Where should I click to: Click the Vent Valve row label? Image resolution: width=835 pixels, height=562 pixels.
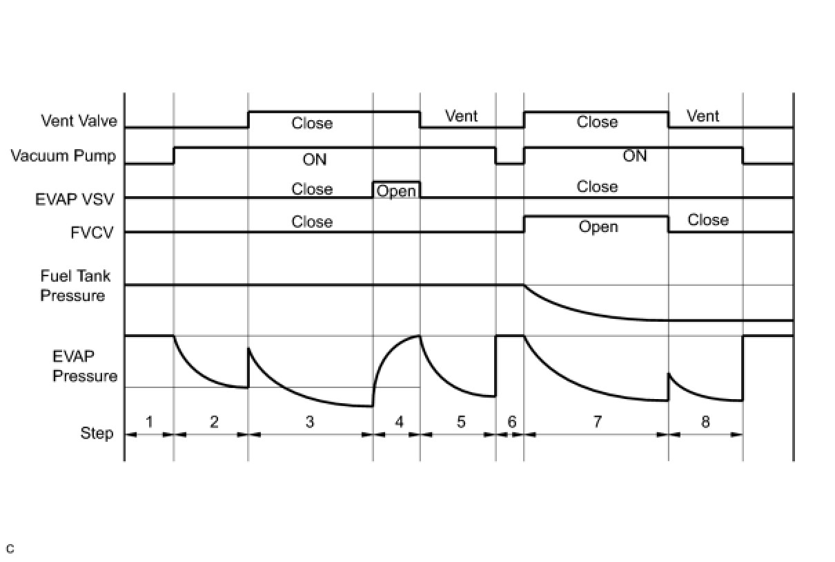(x=79, y=122)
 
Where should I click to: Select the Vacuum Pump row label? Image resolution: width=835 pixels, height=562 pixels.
(x=63, y=156)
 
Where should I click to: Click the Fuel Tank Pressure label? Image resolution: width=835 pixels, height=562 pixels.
(x=74, y=287)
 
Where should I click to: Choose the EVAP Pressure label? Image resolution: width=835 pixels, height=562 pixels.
(x=85, y=367)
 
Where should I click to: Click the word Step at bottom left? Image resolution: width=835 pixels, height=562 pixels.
(x=97, y=434)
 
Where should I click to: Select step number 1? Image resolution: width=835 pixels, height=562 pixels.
(x=148, y=420)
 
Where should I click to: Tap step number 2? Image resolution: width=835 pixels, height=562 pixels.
(x=214, y=420)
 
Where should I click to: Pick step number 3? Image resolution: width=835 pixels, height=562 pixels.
(x=310, y=420)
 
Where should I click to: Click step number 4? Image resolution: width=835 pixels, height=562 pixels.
(x=399, y=420)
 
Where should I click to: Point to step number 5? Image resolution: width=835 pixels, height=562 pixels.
(x=461, y=420)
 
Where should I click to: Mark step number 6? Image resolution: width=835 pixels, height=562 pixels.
(x=511, y=420)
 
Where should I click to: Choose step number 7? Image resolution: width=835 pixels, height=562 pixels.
(x=597, y=420)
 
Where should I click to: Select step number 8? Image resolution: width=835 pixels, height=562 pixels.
(x=705, y=420)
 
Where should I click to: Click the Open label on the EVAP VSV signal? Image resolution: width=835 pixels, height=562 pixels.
(x=396, y=191)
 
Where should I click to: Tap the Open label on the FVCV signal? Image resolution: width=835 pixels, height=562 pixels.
(x=598, y=227)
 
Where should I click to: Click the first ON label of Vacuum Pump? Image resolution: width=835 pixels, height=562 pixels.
(x=315, y=159)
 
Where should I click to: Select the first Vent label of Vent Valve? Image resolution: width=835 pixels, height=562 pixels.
(x=461, y=116)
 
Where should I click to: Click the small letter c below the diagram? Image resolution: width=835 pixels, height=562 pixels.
(x=10, y=550)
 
